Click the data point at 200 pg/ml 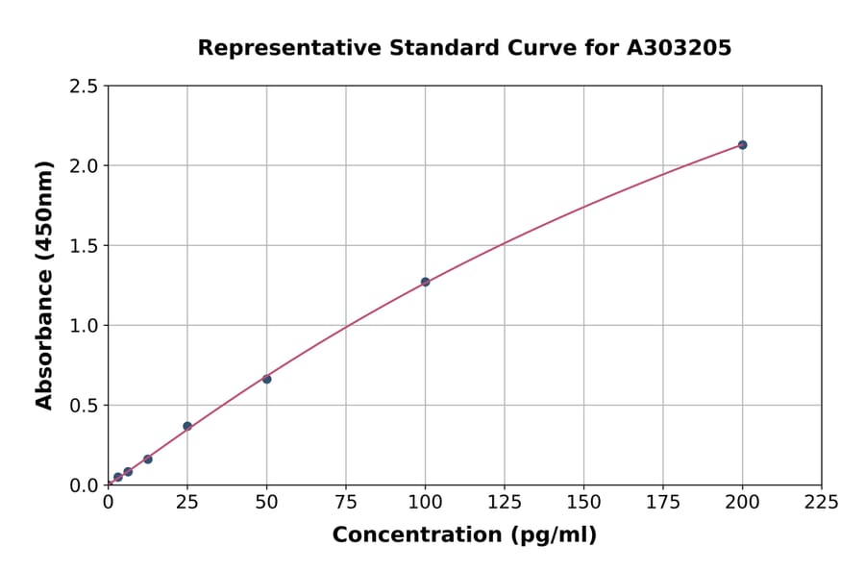[742, 145]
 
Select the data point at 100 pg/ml [425, 282]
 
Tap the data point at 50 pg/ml [266, 379]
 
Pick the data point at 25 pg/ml [187, 426]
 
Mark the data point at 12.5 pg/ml [147, 459]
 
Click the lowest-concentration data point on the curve [117, 477]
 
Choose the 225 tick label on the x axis [821, 503]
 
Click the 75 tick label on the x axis [345, 503]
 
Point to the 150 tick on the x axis [583, 503]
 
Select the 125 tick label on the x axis [504, 503]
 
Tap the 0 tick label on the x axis [108, 503]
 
